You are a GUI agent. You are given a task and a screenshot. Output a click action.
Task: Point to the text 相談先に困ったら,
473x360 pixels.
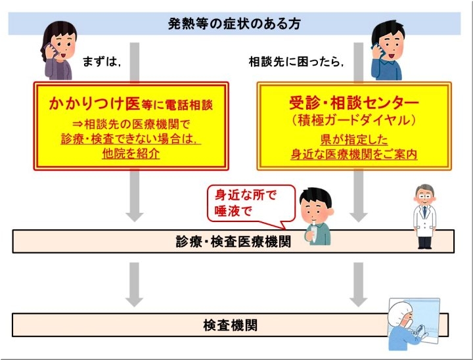(296, 62)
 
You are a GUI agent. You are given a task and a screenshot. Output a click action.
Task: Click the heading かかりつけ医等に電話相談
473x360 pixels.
(131, 104)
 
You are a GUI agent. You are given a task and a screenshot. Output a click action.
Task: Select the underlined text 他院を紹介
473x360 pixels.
(131, 154)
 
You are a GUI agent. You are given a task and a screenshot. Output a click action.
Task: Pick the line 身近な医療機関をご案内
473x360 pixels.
(354, 154)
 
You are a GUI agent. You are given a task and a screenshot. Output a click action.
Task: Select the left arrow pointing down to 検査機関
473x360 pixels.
(134, 284)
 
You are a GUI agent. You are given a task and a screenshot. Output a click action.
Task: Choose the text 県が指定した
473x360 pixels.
(354, 139)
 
